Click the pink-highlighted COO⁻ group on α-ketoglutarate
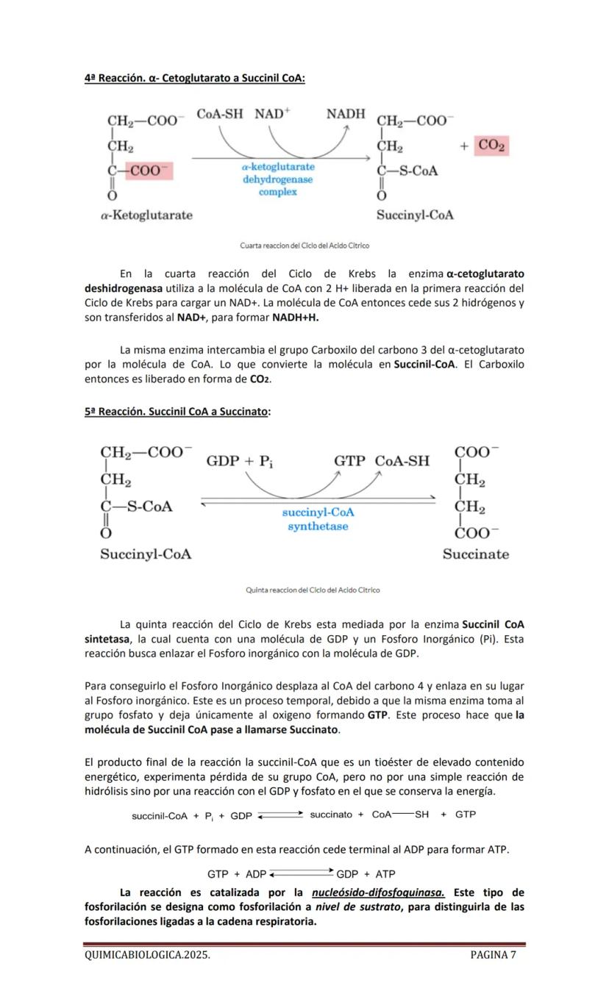149,171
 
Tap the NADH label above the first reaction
346,114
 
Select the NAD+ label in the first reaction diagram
273,114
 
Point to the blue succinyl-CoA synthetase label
318,519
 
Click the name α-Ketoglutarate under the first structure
147,215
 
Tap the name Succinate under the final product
475,554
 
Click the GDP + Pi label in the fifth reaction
239,461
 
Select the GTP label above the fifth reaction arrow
349,461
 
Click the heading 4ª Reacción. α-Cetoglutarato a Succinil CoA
194,78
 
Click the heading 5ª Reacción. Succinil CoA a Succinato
177,412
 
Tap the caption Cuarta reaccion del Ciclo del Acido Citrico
304,246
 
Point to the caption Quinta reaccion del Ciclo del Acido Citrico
313,590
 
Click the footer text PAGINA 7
493,955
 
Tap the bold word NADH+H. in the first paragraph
296,318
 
